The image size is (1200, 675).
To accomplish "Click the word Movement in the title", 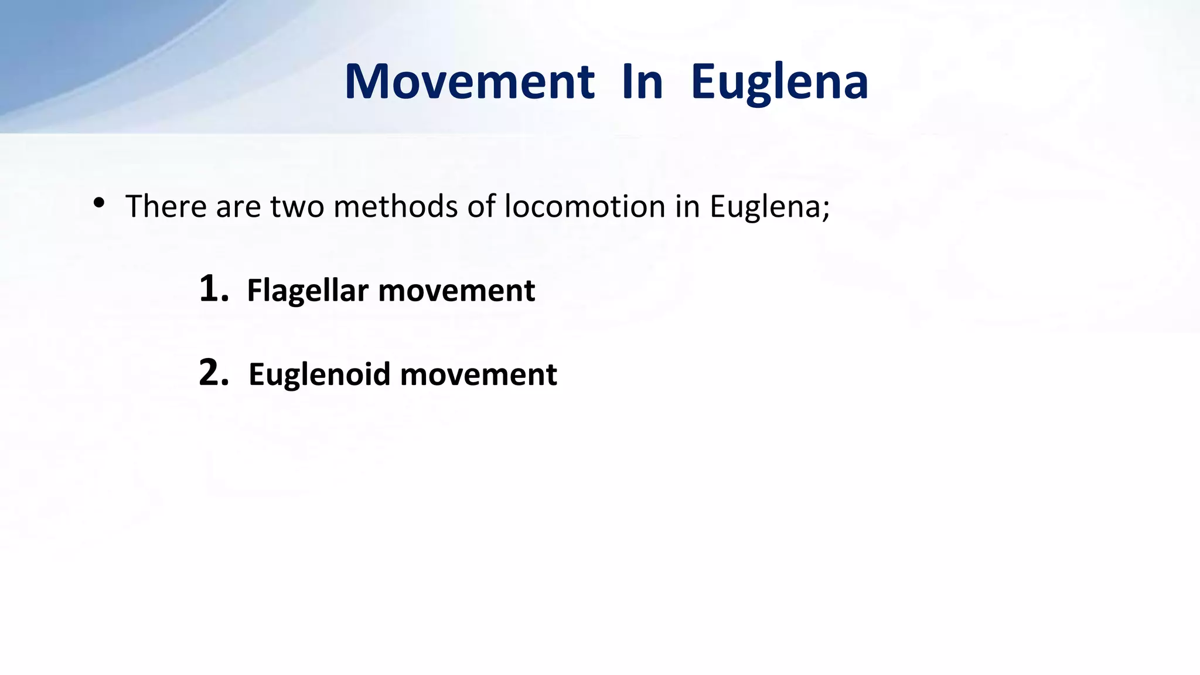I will click(x=469, y=81).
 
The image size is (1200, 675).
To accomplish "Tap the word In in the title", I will click(x=642, y=81).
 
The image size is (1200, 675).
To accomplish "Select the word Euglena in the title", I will click(x=779, y=83).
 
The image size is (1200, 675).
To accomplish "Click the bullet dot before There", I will click(x=98, y=203).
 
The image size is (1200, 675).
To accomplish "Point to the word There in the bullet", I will click(x=166, y=206).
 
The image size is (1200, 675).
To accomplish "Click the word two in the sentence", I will click(x=297, y=206).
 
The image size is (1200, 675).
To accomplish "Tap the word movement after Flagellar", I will click(x=456, y=291).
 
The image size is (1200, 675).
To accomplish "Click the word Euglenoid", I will click(x=319, y=375).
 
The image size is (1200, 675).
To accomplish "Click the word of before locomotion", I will click(x=481, y=206).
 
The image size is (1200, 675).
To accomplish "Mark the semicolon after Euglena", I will click(x=826, y=210).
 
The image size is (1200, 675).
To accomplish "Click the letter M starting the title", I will click(x=367, y=81).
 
